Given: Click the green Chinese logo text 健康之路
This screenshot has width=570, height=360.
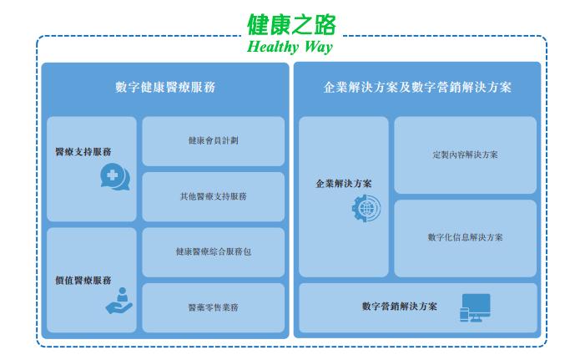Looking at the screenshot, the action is (291, 25).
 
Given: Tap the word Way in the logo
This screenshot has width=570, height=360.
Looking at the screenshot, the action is (319, 48).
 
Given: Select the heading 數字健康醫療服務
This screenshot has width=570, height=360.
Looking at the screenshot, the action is (165, 88).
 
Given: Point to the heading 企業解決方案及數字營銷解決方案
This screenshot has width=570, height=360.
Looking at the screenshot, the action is (417, 88).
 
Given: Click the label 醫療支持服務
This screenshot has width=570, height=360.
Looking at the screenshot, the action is (83, 152).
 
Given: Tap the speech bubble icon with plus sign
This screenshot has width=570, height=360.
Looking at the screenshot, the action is (115, 177).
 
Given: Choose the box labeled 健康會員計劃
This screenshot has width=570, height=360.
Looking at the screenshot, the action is (214, 141).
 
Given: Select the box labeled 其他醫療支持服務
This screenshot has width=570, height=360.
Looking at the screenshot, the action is (214, 196).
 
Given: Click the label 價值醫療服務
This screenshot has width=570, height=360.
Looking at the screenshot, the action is (83, 281).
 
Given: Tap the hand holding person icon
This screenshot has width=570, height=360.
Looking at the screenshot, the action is (119, 301).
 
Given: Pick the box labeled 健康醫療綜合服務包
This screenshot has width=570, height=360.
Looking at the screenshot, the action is (214, 252).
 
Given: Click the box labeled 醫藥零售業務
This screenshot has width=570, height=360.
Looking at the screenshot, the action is (214, 308).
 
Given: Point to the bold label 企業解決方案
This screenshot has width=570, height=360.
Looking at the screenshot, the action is (344, 184).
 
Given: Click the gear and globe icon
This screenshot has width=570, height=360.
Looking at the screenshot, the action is (366, 208).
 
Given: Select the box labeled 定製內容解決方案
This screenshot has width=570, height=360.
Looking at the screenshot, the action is (466, 155).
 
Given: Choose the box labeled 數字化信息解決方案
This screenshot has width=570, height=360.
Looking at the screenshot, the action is (466, 238).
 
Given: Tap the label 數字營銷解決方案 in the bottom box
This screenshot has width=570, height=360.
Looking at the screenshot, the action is (400, 307).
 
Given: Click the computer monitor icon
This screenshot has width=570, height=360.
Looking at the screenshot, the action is (477, 307).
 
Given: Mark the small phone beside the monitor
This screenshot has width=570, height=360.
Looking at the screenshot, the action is (464, 315).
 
